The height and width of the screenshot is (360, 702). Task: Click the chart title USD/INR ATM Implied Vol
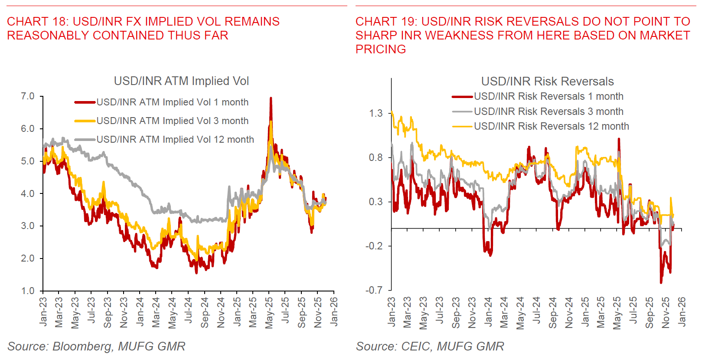pyautogui.click(x=181, y=81)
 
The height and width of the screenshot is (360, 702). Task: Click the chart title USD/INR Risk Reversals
pyautogui.click(x=547, y=82)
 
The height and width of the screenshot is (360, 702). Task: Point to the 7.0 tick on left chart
pyautogui.click(x=28, y=96)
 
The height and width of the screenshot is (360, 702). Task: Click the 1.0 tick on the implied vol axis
pyautogui.click(x=28, y=291)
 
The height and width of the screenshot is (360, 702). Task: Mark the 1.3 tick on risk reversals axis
pyautogui.click(x=375, y=113)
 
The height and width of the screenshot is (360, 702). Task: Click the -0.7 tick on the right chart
pyautogui.click(x=374, y=290)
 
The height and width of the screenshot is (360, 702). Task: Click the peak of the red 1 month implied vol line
pyautogui.click(x=271, y=98)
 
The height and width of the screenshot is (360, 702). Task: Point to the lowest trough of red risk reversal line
pyautogui.click(x=661, y=282)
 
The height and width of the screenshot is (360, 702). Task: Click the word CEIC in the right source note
pyautogui.click(x=415, y=347)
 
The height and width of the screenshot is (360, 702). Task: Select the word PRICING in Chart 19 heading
pyautogui.click(x=381, y=49)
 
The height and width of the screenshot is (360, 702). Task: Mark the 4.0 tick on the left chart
pyautogui.click(x=28, y=193)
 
